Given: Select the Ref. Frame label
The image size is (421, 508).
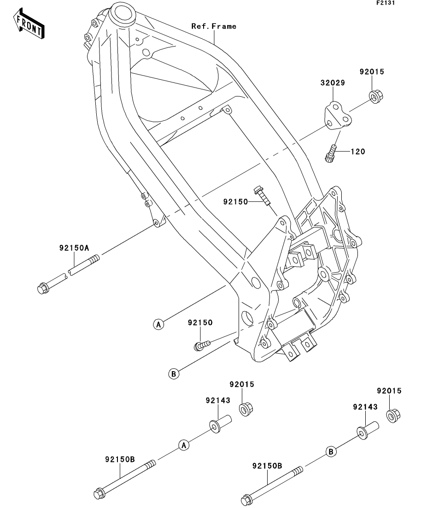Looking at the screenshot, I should point(214,27).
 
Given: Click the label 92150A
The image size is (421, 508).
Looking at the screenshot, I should point(74,248).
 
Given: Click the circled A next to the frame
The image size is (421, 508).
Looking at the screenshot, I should point(158,324).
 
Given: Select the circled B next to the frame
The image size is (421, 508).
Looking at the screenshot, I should point(174,374).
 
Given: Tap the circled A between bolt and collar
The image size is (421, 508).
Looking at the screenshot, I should point(183,445).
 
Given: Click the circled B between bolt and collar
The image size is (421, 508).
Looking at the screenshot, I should point(330,452).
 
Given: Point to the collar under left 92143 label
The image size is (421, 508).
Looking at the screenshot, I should point(219,426).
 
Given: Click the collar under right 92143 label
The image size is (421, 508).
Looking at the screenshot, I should point(366,431).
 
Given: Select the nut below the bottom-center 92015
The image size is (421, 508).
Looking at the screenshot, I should point(246,408).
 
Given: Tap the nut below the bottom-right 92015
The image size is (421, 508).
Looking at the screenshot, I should point(393,415).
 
